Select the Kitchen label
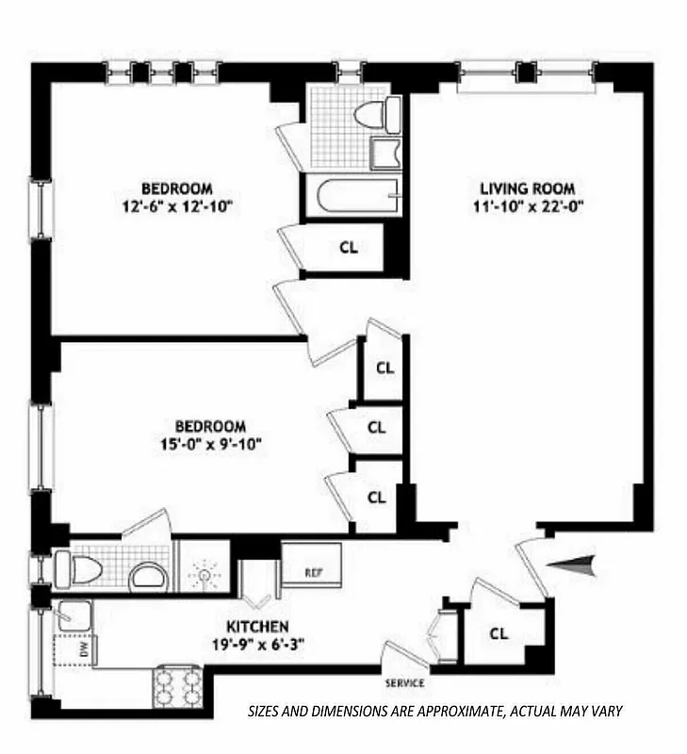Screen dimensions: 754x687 256,627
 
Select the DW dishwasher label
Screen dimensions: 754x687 83,649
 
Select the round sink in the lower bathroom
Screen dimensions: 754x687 147,574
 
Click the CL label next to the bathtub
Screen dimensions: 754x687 348,249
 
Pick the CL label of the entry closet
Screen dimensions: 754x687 499,633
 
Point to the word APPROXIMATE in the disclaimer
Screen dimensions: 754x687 436,713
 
